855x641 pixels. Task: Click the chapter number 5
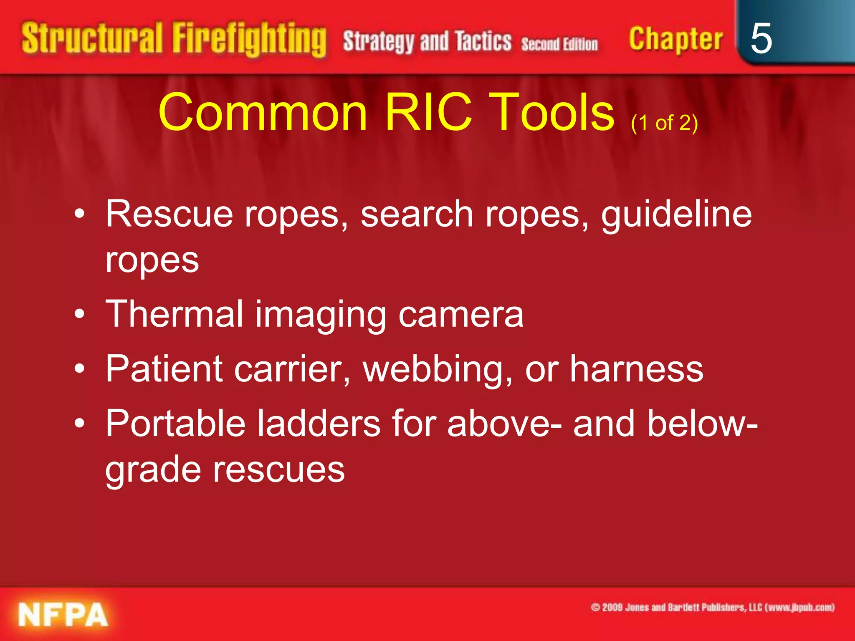(x=761, y=38)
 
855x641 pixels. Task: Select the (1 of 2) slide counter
(x=664, y=123)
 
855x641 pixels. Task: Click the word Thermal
(x=174, y=314)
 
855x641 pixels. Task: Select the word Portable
(x=175, y=424)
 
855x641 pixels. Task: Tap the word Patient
(x=164, y=369)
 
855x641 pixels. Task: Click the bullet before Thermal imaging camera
(x=79, y=314)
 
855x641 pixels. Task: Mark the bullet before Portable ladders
(x=79, y=424)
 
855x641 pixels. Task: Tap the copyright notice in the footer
(x=712, y=608)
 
